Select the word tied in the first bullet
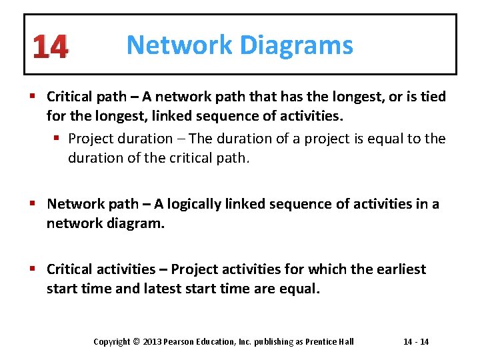tap(433, 97)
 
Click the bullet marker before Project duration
tap(58, 139)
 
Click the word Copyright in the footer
tap(112, 342)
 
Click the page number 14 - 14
tap(416, 342)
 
